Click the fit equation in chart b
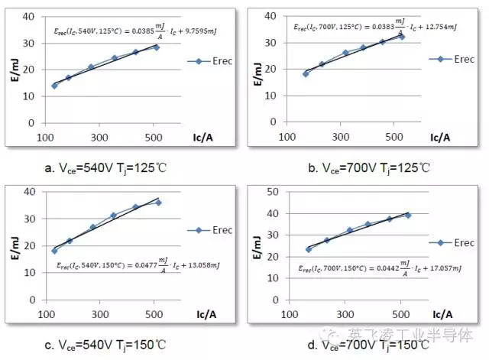[365, 26]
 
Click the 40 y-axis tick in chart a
[28, 16]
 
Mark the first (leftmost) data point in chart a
[54, 86]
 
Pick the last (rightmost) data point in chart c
[158, 203]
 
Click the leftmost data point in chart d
[309, 249]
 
